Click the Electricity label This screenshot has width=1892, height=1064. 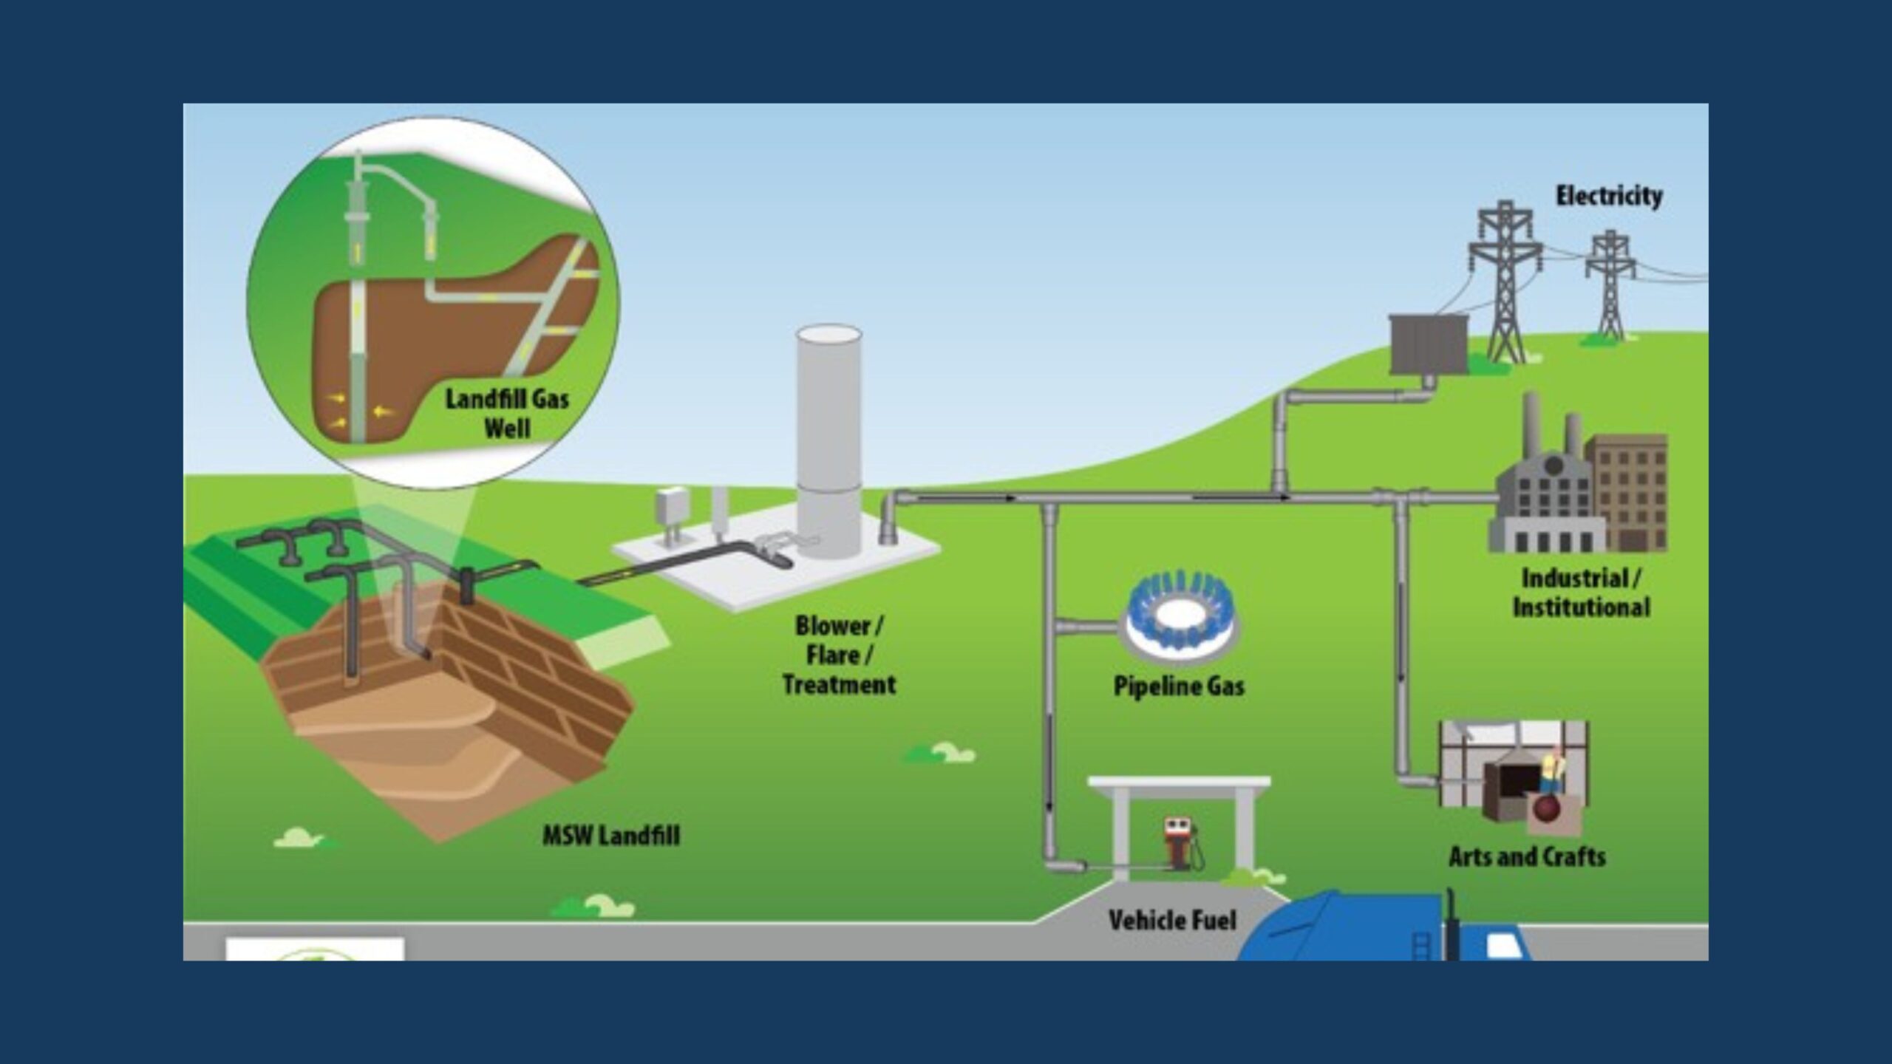pos(1608,196)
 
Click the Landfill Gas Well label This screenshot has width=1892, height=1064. pos(507,413)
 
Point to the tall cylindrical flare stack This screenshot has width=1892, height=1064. pos(828,436)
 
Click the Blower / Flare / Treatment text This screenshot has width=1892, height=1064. pos(838,655)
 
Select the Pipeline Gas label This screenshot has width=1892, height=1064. pos(1179,686)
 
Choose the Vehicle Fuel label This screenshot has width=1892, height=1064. pos(1172,920)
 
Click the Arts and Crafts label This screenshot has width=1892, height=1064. pos(1527,856)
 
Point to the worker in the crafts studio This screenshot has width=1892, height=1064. pos(1551,772)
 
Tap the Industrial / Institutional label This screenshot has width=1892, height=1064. pos(1580,593)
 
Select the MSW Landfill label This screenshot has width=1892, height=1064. pos(610,836)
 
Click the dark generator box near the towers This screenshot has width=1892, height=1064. pos(1428,344)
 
